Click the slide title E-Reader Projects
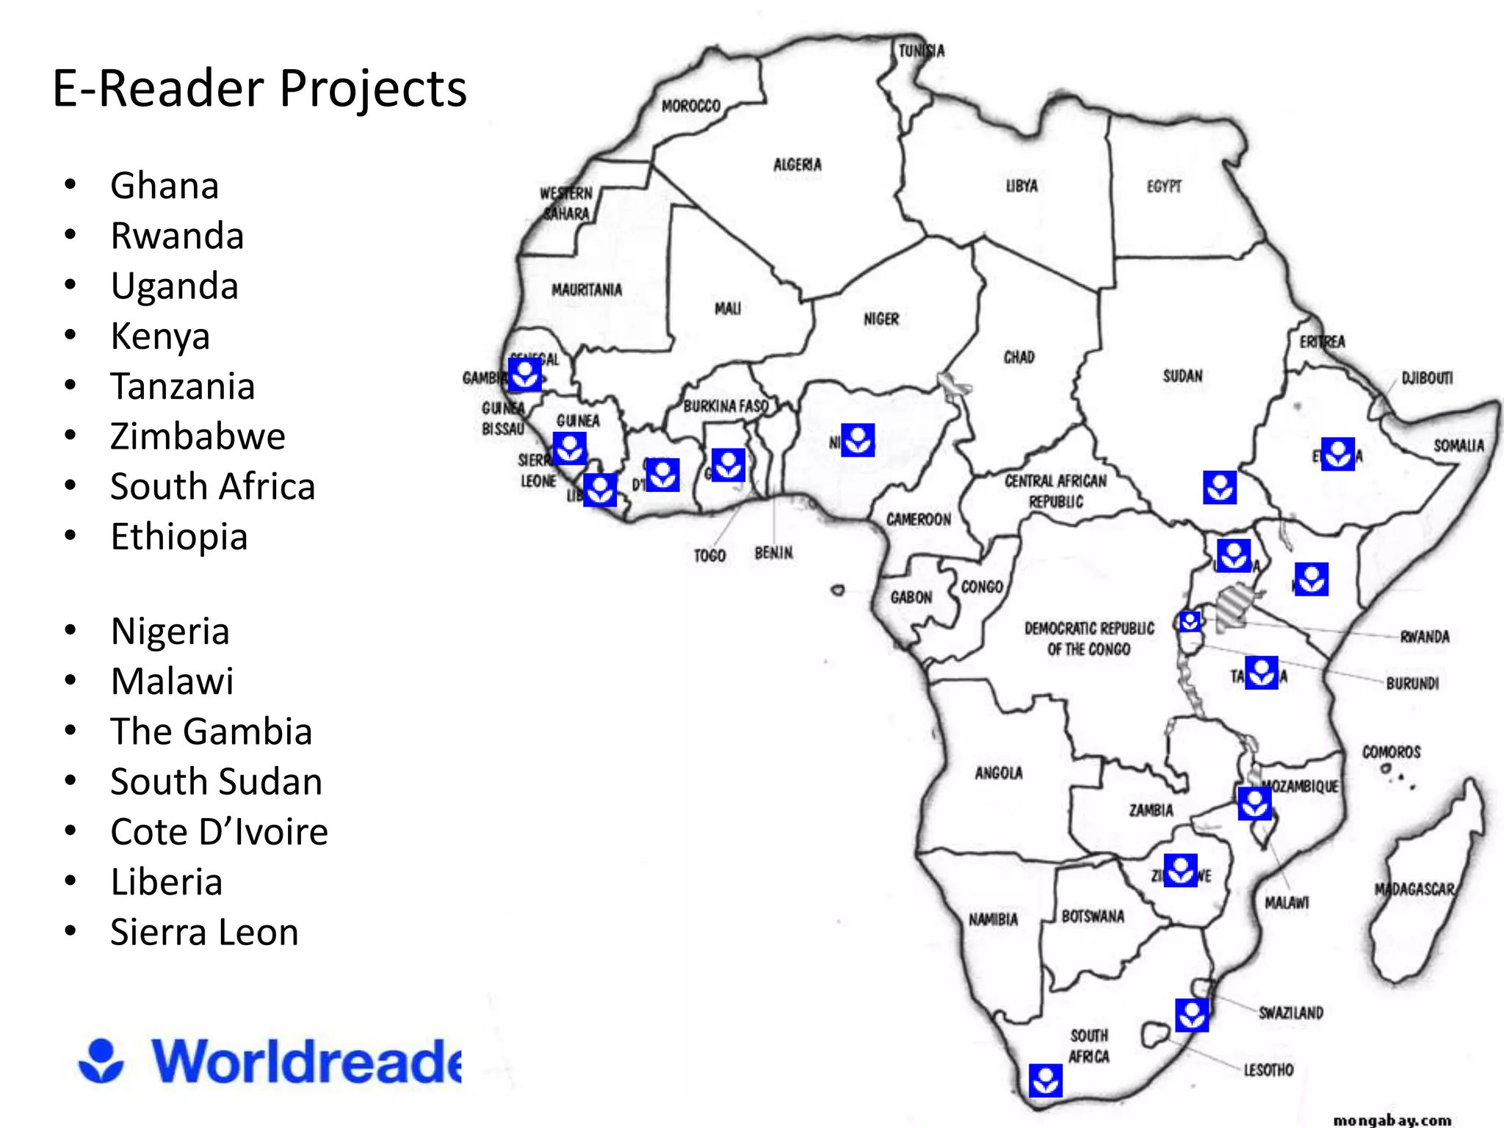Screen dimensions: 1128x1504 click(x=259, y=89)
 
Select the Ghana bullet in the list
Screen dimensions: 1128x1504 click(x=164, y=185)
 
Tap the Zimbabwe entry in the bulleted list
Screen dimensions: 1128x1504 click(x=198, y=436)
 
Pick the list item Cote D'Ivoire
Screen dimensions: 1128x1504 click(x=219, y=831)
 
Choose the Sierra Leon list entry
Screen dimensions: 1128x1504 click(x=204, y=932)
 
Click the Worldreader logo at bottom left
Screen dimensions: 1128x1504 click(x=270, y=1060)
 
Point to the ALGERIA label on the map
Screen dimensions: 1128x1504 click(x=798, y=164)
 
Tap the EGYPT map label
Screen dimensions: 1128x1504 click(x=1164, y=187)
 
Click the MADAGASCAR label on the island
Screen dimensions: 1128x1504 click(x=1414, y=889)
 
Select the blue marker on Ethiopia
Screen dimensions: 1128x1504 click(x=1337, y=453)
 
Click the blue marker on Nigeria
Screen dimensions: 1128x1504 click(x=857, y=440)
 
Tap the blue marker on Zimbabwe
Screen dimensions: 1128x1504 click(x=1180, y=870)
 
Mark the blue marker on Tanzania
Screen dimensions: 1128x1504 click(x=1262, y=673)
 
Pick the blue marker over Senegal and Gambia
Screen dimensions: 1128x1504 click(x=525, y=375)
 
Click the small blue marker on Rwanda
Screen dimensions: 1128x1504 click(x=1190, y=622)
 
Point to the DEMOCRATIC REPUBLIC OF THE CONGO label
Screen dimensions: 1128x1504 click(x=1089, y=638)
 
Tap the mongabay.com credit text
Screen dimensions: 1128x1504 click(x=1392, y=1120)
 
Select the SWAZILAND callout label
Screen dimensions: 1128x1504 click(x=1291, y=1013)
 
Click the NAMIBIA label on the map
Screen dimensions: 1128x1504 click(x=993, y=919)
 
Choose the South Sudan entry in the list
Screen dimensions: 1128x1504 click(x=216, y=781)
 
